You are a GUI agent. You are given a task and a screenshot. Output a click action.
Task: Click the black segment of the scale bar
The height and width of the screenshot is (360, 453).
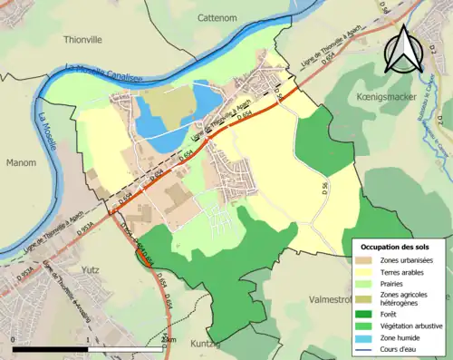coord(51,347)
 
